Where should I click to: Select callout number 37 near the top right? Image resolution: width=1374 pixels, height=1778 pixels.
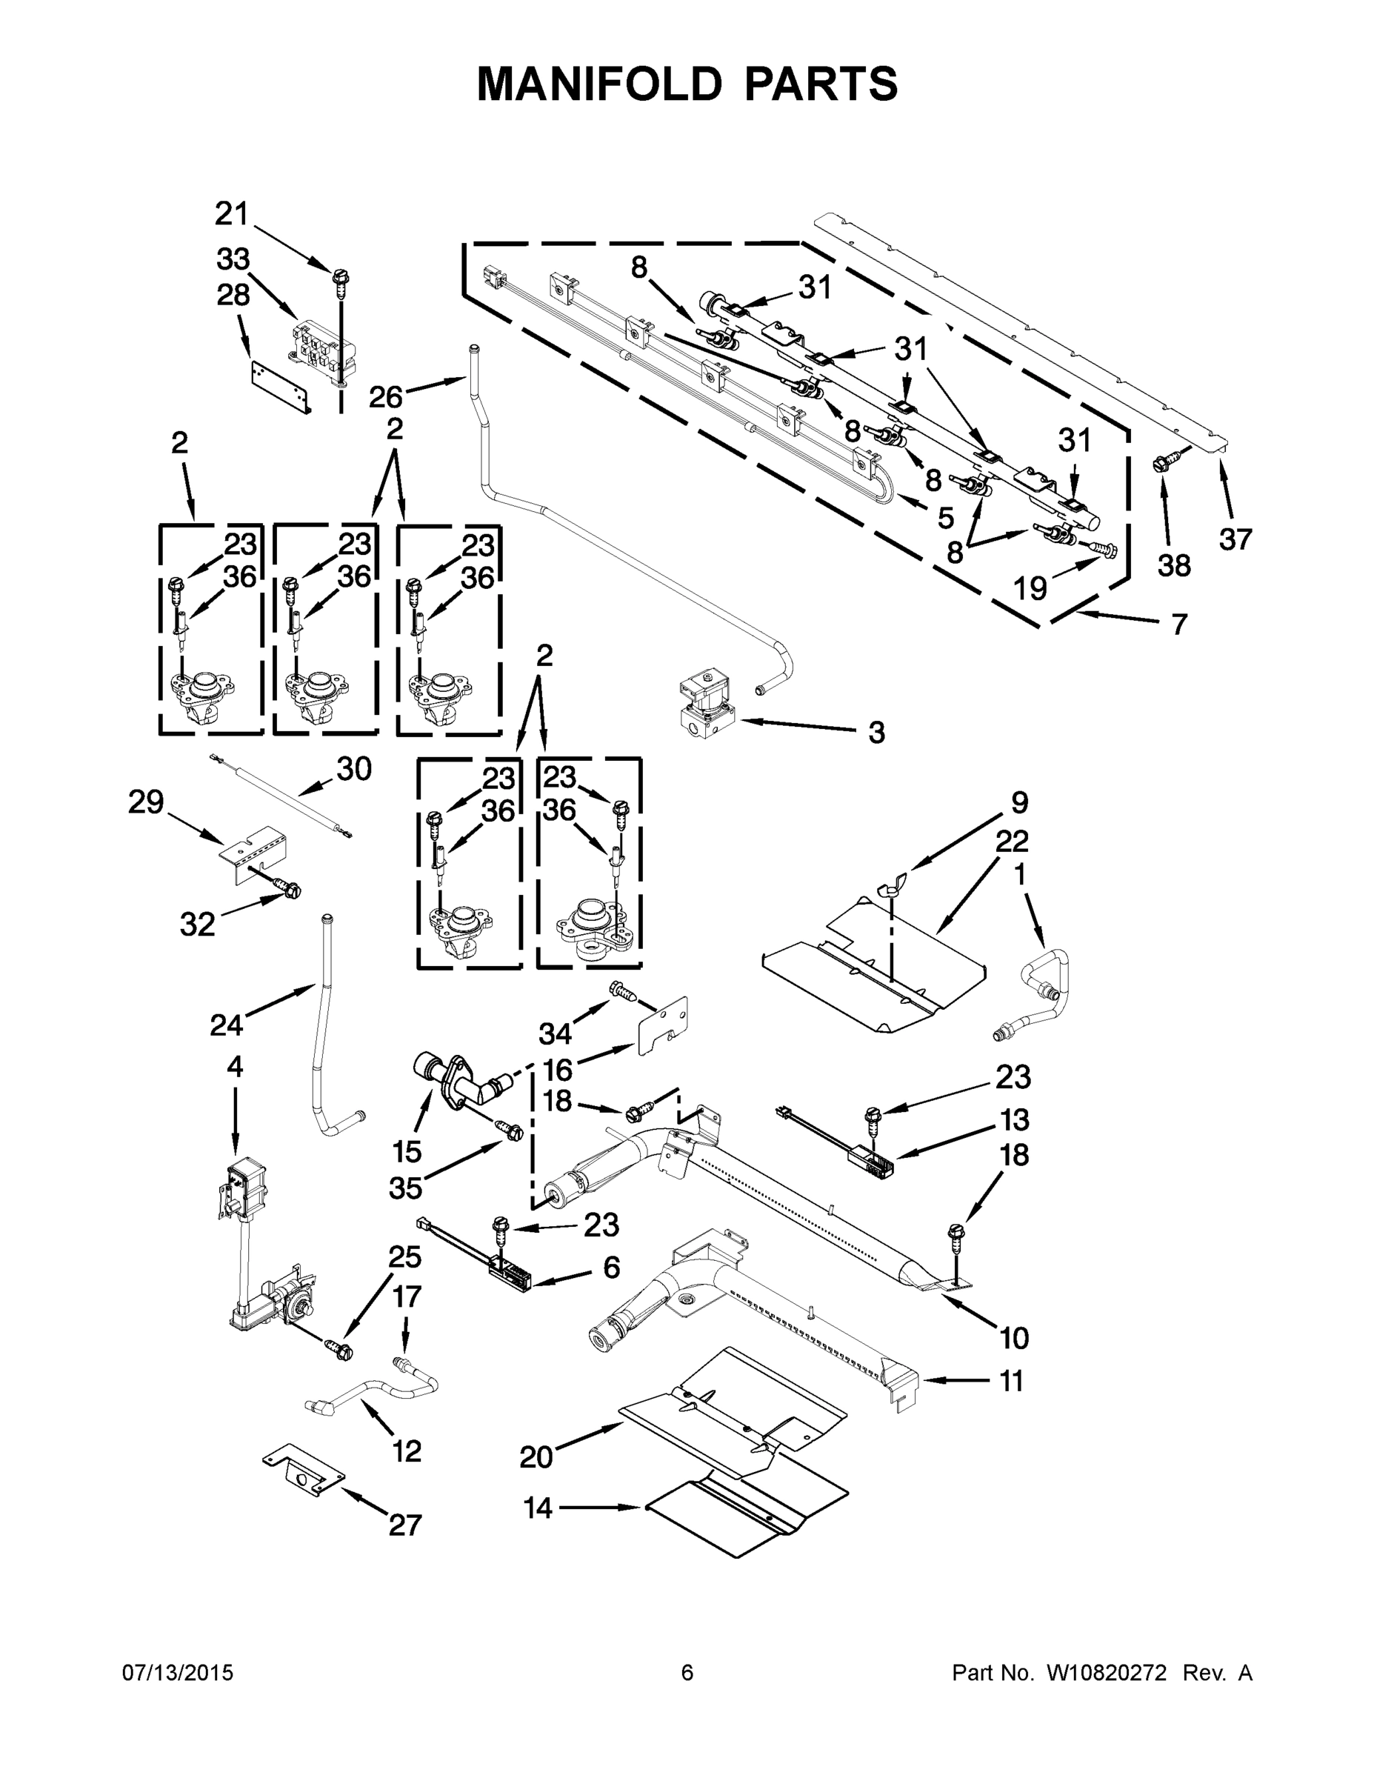coord(1235,538)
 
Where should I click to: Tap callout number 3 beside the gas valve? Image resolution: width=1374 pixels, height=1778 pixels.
coord(876,732)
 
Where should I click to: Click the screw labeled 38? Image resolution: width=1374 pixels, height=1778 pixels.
coord(1159,465)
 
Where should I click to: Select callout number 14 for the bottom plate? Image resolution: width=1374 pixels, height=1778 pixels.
coord(538,1508)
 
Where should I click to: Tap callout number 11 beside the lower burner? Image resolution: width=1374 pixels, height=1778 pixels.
coord(1011,1381)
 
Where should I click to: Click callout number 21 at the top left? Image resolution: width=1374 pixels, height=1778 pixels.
coord(231,214)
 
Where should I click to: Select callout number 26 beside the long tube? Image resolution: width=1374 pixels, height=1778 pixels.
coord(386,397)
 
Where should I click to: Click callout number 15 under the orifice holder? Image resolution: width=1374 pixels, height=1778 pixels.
coord(407,1151)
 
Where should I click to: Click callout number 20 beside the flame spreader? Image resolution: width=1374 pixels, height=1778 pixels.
coord(536,1456)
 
